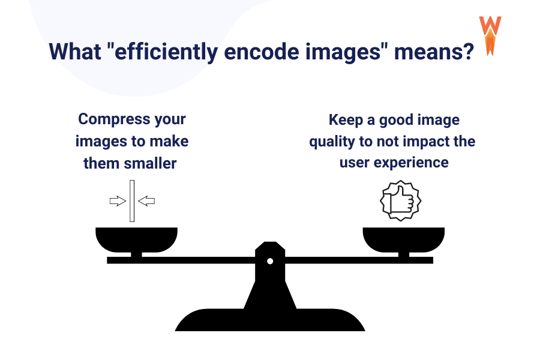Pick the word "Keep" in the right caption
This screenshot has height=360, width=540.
tap(347, 120)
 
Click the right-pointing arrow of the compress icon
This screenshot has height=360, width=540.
tap(118, 201)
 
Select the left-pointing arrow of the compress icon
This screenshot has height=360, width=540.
tap(146, 201)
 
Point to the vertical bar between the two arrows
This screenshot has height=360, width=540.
tap(132, 201)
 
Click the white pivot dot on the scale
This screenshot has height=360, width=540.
tap(270, 261)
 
